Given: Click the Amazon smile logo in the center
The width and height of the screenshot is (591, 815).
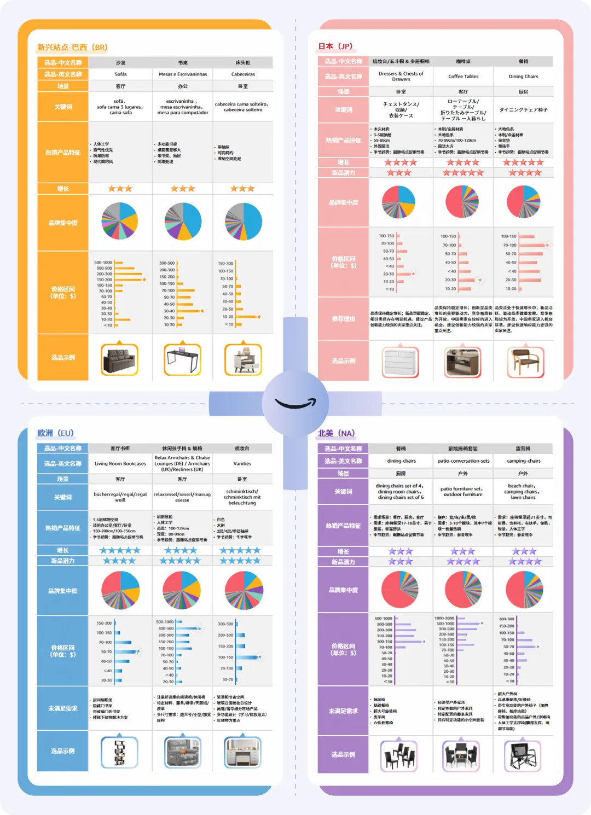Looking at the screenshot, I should pos(296,404).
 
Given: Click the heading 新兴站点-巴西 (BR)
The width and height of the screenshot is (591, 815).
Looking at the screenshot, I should pos(72,47).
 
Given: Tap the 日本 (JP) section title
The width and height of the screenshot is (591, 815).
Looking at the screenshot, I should pos(335,46).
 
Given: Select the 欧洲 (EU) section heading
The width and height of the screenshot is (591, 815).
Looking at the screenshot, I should pos(55,433).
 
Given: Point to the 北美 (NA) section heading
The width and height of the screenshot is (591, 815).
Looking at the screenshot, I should pos(336,433).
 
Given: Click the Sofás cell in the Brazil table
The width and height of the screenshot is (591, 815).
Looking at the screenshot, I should pos(120,74).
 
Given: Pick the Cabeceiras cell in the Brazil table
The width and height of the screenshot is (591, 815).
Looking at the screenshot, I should pos(243,74).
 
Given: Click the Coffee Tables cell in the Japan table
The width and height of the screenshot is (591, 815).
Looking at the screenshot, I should pos(463,77).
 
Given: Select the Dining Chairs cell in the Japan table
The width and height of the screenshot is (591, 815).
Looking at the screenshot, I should pos(523,77).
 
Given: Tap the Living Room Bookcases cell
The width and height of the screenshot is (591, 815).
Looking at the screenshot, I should pos(120,464).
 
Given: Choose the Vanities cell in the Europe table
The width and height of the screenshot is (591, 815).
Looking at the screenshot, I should pos(242,464).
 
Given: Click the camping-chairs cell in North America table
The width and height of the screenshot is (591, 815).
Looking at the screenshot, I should pos(523,461).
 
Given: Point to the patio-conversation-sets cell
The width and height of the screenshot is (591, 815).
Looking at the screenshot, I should pos(463,461).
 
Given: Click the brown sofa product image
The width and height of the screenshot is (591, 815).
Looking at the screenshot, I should pos(120,359).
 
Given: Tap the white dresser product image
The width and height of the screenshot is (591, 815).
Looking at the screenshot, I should pos(401,362).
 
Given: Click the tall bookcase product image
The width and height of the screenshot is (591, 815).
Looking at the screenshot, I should pos(119,752).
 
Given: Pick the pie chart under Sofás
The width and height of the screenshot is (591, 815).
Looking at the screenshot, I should pos(120,221).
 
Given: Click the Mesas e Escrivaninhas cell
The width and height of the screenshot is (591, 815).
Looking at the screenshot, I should pos(183,74).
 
